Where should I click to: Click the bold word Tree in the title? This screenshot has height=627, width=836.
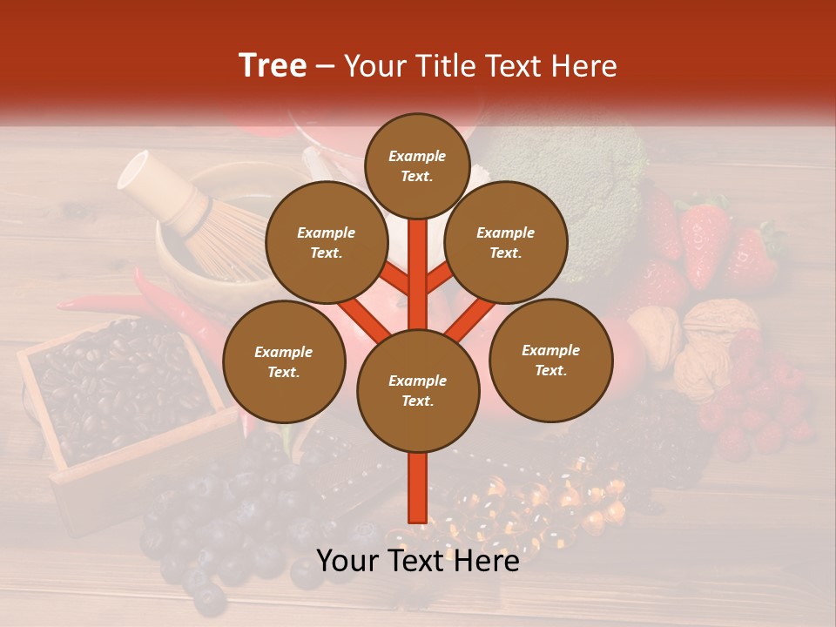click(x=273, y=66)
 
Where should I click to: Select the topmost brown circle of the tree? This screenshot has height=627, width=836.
click(x=417, y=165)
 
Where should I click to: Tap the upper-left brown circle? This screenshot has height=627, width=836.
click(x=327, y=243)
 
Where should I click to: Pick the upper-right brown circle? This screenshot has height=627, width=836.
click(x=505, y=243)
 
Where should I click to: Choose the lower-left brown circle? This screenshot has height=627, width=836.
click(x=284, y=361)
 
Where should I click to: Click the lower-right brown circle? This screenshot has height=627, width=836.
click(x=550, y=360)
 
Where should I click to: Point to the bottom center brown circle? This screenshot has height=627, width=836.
click(x=417, y=390)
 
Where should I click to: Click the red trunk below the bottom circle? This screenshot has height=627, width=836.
click(x=417, y=488)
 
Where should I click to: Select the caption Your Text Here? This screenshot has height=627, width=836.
click(x=417, y=561)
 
